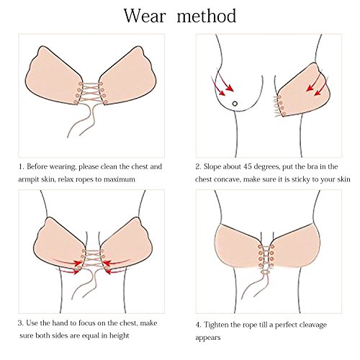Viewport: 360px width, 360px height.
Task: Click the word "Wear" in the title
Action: click(145, 16)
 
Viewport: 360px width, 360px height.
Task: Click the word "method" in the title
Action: click(207, 16)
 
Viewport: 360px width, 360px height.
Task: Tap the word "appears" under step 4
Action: click(208, 338)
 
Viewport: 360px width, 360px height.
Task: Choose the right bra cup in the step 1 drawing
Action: click(127, 76)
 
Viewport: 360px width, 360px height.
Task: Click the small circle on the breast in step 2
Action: click(235, 104)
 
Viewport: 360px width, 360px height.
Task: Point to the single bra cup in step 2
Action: click(305, 91)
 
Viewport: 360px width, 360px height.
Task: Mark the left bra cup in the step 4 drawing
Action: click(238, 246)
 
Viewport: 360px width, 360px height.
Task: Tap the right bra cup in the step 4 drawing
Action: click(296, 246)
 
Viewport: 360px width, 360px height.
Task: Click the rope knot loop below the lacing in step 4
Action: click(266, 272)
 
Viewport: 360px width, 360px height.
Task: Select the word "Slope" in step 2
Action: click(212, 167)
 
